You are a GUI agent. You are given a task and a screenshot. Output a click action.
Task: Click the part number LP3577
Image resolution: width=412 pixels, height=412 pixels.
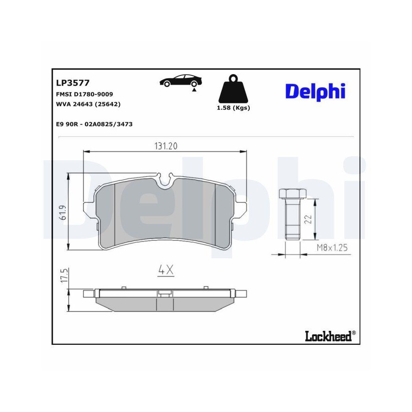pos(72,83)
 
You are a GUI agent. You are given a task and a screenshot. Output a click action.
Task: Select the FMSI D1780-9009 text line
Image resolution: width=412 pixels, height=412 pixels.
pos(84,94)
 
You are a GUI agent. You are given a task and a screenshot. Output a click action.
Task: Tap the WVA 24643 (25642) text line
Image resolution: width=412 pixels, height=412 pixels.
pos(88,105)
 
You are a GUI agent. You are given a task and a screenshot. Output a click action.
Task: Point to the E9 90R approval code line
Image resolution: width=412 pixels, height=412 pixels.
pos(94,124)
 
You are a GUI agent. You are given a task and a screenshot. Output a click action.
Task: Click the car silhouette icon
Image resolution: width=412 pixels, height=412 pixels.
pos(180,80)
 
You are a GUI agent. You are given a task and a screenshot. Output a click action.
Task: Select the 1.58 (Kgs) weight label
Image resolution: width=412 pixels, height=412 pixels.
pos(233,108)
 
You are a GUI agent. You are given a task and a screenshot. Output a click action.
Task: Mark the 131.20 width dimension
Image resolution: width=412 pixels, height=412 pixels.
pos(166,146)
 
